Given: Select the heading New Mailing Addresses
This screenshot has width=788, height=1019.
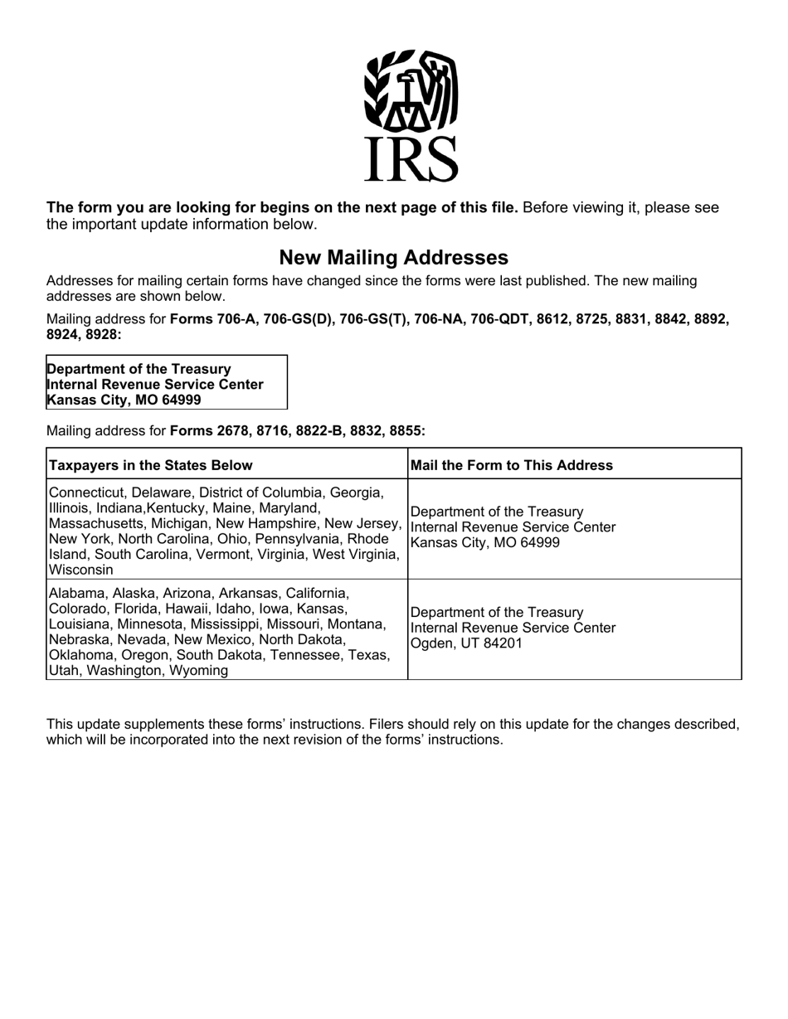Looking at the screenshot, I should click(393, 257).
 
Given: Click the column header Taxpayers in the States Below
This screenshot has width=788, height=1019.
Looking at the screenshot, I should click(151, 465).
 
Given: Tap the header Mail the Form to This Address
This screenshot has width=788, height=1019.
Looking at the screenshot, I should click(512, 465).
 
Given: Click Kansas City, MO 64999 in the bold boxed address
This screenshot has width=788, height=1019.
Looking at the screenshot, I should click(124, 400).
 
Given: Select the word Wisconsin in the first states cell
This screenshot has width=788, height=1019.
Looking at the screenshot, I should click(81, 570).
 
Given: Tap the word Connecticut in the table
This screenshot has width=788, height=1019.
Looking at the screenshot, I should click(87, 493).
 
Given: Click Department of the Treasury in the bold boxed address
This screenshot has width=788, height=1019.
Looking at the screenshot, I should click(139, 368).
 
